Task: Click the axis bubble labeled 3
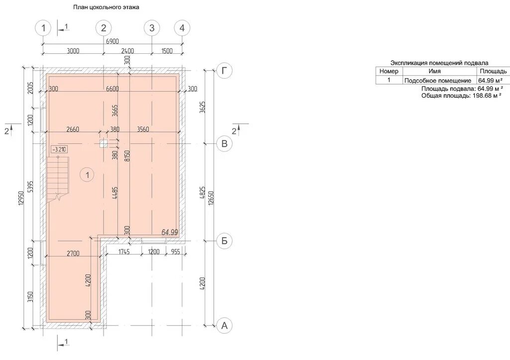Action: click(x=152, y=28)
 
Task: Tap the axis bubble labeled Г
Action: click(x=225, y=71)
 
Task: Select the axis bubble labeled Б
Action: click(x=225, y=241)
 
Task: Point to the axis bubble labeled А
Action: click(x=225, y=325)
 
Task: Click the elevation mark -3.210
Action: click(x=59, y=149)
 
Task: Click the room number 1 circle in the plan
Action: click(x=87, y=175)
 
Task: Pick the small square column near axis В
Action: click(x=104, y=143)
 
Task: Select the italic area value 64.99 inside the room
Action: click(x=170, y=232)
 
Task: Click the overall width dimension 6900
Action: click(x=113, y=41)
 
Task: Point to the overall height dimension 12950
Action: click(x=21, y=197)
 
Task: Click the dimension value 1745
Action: click(x=124, y=252)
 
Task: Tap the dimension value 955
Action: click(x=175, y=252)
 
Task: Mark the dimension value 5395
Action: click(x=30, y=187)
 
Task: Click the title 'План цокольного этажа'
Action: click(x=106, y=7)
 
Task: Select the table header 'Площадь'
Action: click(x=493, y=71)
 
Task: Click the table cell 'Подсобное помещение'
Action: click(x=438, y=80)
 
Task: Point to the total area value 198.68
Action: click(x=482, y=96)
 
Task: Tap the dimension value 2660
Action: click(x=73, y=129)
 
